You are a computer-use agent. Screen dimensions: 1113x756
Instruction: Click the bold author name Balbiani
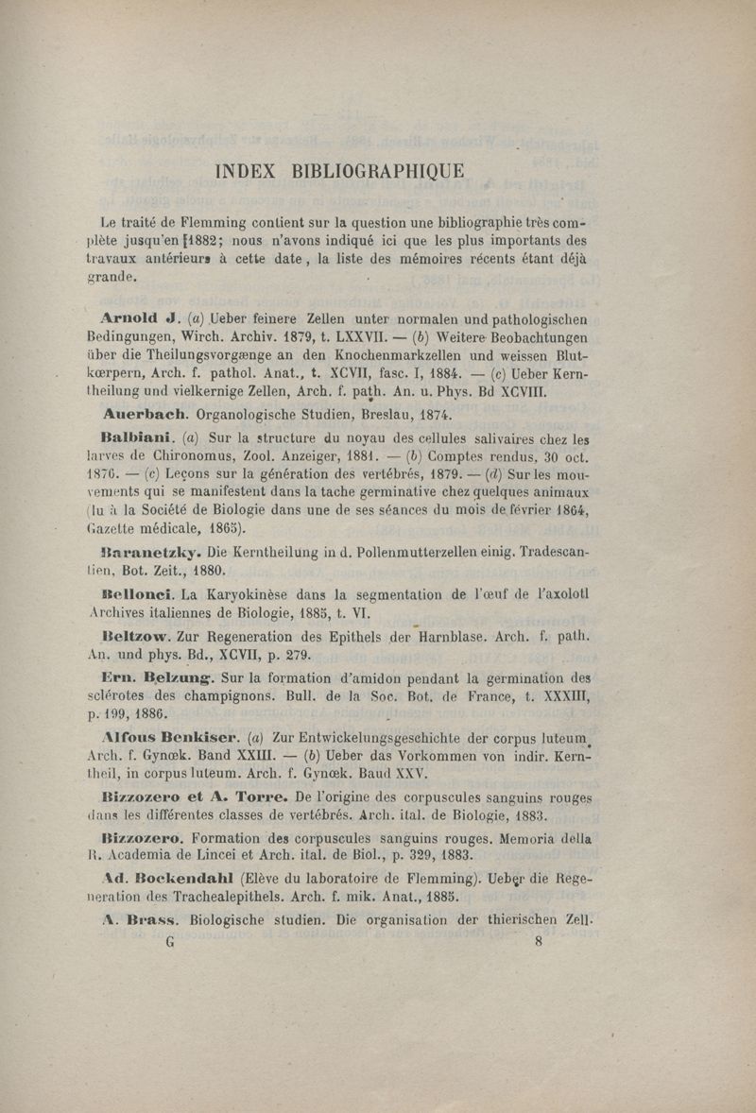(136, 438)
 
